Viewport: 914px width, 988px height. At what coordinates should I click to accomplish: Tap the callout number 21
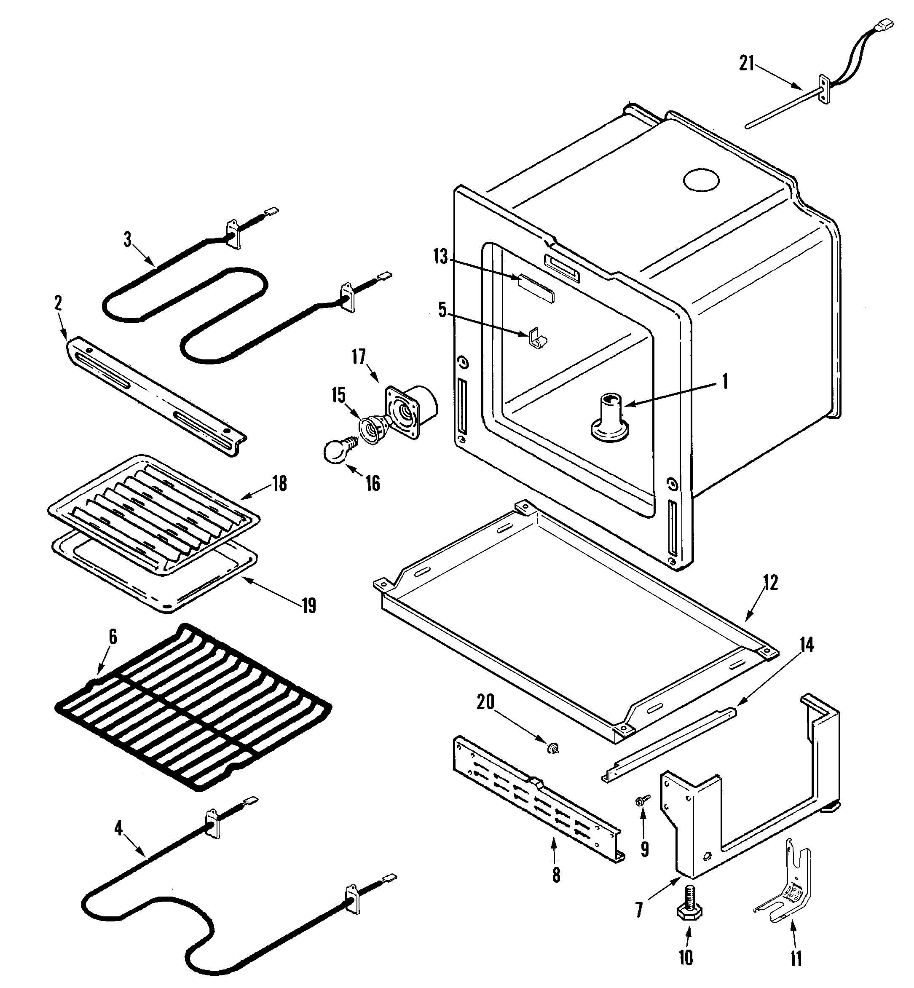click(x=747, y=63)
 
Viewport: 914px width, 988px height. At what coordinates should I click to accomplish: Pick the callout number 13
click(x=440, y=257)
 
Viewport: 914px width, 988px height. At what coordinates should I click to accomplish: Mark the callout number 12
click(x=771, y=583)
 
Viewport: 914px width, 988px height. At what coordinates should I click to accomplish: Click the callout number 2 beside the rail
click(x=58, y=304)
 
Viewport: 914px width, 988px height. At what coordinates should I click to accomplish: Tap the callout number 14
click(x=807, y=645)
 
